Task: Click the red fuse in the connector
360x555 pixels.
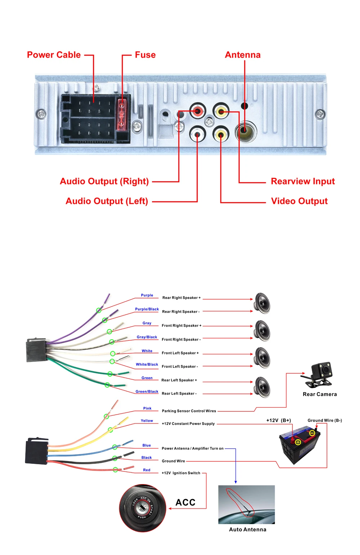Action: (122, 114)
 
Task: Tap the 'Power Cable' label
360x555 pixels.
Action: (54, 55)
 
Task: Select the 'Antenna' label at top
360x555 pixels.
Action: (243, 55)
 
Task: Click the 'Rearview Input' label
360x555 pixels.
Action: (303, 181)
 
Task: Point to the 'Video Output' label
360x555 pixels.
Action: (299, 201)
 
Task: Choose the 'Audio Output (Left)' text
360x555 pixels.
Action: (107, 201)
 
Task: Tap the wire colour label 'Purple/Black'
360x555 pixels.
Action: (147, 309)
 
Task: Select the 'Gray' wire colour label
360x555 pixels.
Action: (147, 323)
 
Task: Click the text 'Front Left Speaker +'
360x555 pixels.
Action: (180, 353)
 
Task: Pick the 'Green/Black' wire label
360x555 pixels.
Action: (147, 391)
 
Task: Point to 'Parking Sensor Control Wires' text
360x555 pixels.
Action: (189, 411)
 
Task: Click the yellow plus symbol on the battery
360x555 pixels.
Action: (298, 442)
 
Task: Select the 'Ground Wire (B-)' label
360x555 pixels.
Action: (325, 420)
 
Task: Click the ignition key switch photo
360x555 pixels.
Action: (143, 508)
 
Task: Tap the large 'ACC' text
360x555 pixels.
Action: (185, 502)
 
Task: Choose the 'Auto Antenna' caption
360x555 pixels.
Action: (248, 529)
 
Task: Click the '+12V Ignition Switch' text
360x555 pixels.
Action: (181, 473)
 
